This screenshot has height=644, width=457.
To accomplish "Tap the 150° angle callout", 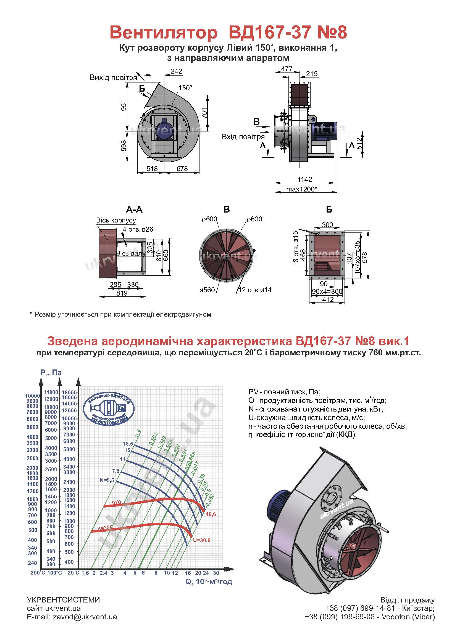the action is click(185, 88).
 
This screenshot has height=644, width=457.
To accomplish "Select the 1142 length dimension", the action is click(305, 179).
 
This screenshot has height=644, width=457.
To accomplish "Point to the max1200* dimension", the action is click(302, 189).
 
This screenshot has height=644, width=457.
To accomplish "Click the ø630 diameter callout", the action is click(255, 219).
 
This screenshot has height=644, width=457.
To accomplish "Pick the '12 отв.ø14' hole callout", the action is click(255, 290).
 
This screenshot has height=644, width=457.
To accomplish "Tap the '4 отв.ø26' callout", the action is click(138, 229).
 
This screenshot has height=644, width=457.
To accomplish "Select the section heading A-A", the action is click(134, 210).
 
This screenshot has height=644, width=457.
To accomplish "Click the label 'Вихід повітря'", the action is click(113, 77).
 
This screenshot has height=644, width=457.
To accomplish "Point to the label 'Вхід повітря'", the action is click(243, 137).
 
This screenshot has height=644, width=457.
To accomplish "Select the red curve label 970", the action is click(116, 503).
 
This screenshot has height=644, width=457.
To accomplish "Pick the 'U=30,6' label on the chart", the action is click(202, 540).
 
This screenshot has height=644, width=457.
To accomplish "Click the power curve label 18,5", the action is click(128, 444).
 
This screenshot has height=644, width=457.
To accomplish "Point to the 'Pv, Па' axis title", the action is click(51, 373).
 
